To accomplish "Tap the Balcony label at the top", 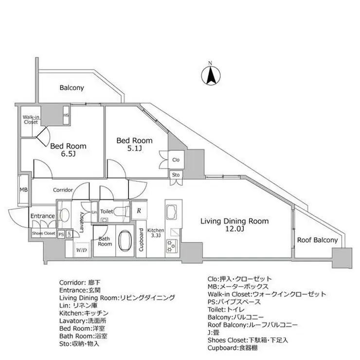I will pyautogui.click(x=72, y=88).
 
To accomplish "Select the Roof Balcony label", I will pyautogui.click(x=318, y=240).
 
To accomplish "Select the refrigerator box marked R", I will pyautogui.click(x=139, y=211).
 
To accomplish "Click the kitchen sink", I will pyautogui.click(x=172, y=213).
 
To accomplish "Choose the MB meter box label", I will pyautogui.click(x=23, y=190).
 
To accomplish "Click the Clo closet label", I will pyautogui.click(x=176, y=159).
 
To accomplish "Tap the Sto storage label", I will pyautogui.click(x=176, y=175).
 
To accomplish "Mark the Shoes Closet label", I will pyautogui.click(x=43, y=234).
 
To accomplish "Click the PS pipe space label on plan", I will pyautogui.click(x=61, y=234).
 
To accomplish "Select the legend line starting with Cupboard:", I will pyautogui.click(x=234, y=349).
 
